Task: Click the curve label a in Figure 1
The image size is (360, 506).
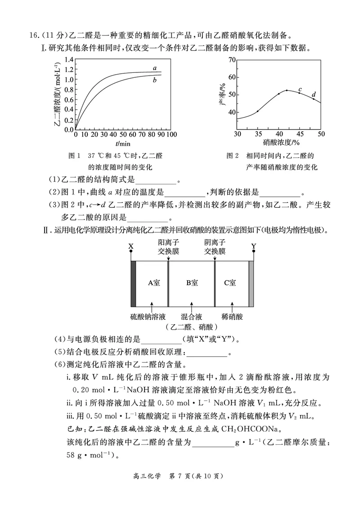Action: click(x=155, y=68)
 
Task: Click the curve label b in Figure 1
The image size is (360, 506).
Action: click(x=154, y=81)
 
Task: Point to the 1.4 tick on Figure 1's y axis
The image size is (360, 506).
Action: click(x=68, y=60)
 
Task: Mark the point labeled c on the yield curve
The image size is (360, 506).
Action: click(x=299, y=93)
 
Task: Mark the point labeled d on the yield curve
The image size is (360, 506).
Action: click(x=314, y=99)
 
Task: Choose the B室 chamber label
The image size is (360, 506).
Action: click(x=192, y=283)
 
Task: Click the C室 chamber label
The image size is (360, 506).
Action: click(x=230, y=283)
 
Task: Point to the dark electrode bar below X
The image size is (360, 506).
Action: click(x=133, y=283)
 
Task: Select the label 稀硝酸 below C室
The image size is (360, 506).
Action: click(x=232, y=317)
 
